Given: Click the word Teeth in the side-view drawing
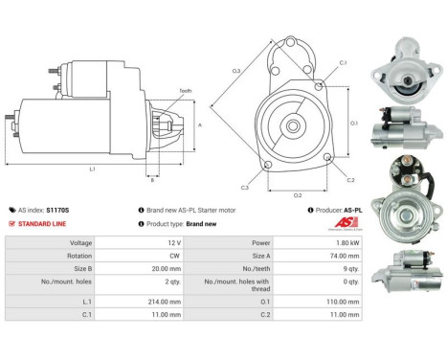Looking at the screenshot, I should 185,91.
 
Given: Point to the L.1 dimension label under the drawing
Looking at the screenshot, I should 93,169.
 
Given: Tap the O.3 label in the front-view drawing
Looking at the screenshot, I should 235,71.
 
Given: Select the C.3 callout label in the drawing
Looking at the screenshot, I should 245,188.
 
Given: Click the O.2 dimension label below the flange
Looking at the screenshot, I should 298,195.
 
